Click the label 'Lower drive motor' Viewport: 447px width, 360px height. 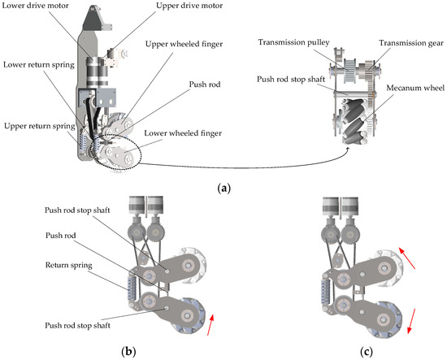pyautogui.click(x=35, y=6)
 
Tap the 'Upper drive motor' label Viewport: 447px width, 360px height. pyautogui.click(x=189, y=6)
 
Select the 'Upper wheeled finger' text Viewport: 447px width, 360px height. pyautogui.click(x=184, y=44)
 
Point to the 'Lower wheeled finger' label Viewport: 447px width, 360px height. pyautogui.click(x=183, y=133)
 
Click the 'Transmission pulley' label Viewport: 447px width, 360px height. pyautogui.click(x=293, y=42)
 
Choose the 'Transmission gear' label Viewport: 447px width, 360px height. pyautogui.click(x=410, y=43)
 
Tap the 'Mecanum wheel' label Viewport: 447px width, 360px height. pyautogui.click(x=415, y=88)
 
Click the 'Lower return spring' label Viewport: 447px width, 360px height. pyautogui.click(x=39, y=65)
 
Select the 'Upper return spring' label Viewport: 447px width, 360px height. pyautogui.click(x=39, y=126)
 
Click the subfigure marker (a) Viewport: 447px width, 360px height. pyautogui.click(x=223, y=189)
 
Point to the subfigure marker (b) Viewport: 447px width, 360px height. pyautogui.click(x=128, y=352)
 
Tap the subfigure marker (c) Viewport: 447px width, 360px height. pyautogui.click(x=366, y=352)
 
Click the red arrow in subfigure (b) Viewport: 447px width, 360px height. pyautogui.click(x=210, y=325)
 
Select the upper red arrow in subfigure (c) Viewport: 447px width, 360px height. pyautogui.click(x=407, y=258)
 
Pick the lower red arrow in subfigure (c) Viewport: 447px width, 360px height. pyautogui.click(x=411, y=321)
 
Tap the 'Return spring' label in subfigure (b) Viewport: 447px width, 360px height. pyautogui.click(x=69, y=266)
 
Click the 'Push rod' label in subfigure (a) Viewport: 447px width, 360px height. pyautogui.click(x=205, y=85)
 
